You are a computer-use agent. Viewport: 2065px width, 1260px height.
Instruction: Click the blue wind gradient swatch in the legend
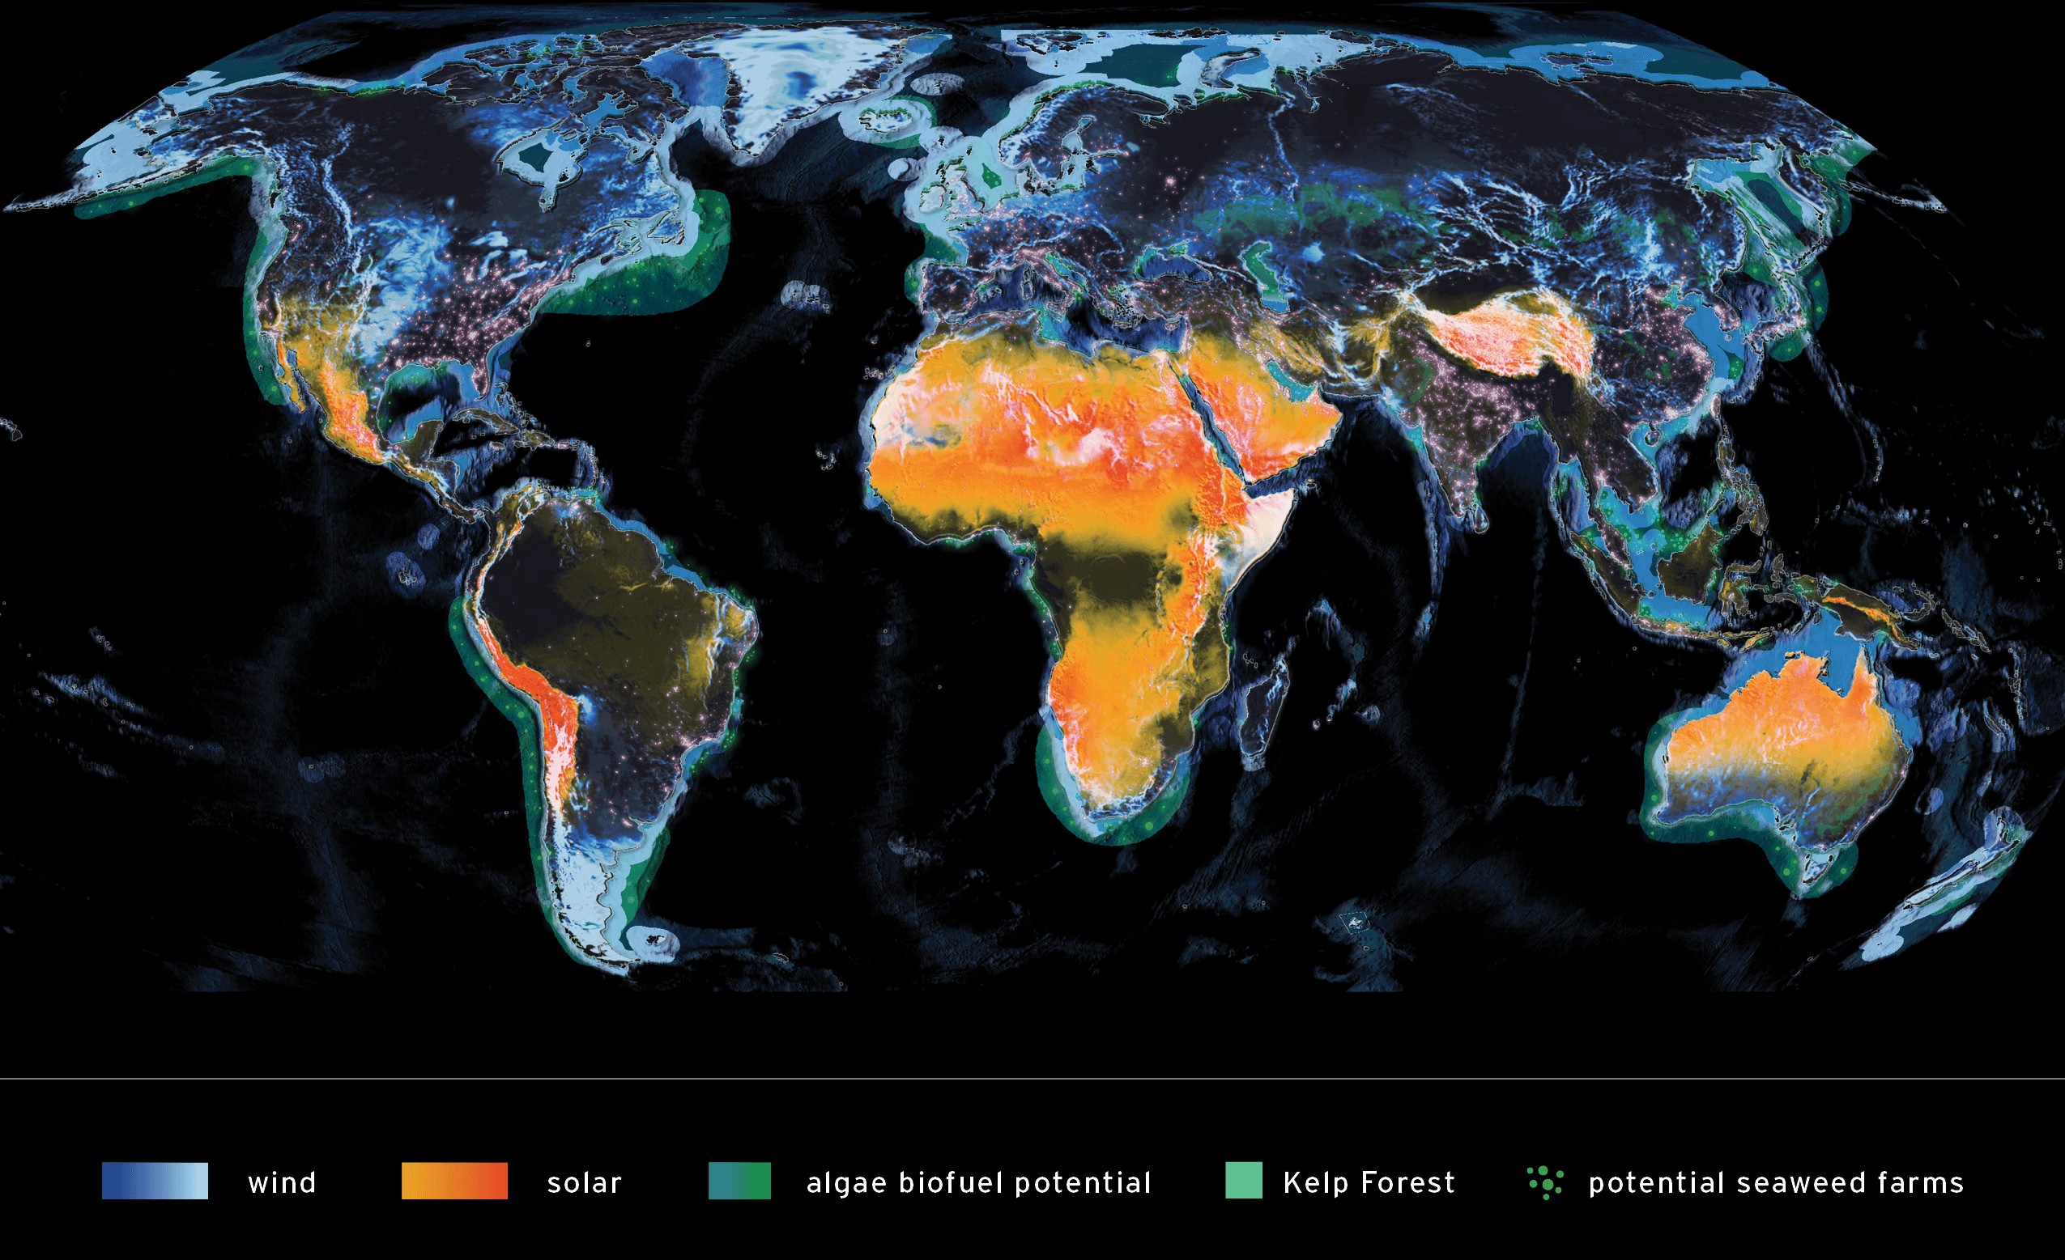[x=155, y=1182]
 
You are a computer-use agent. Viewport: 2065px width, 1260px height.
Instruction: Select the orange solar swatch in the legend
[x=454, y=1182]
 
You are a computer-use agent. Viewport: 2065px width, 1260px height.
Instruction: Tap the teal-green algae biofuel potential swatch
[x=739, y=1182]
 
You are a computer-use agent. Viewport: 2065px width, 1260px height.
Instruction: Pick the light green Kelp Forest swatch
[x=1244, y=1182]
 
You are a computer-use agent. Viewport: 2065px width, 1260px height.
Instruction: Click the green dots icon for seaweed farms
[x=1545, y=1182]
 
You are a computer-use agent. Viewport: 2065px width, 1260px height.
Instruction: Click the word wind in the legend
[x=283, y=1183]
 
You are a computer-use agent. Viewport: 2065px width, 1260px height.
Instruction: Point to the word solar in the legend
[x=584, y=1183]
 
